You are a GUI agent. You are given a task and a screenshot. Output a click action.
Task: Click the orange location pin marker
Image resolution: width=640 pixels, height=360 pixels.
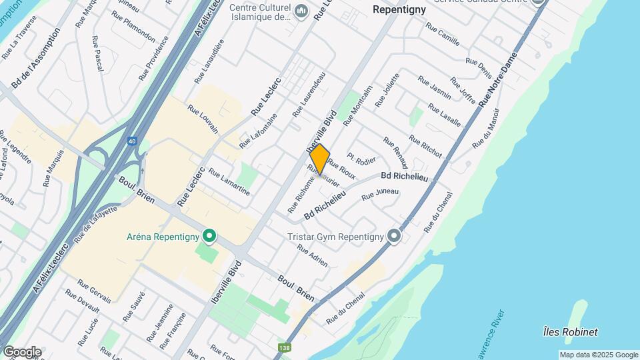[x=320, y=159]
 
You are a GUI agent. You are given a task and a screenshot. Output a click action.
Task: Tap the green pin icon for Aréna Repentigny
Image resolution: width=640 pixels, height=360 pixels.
[x=209, y=236]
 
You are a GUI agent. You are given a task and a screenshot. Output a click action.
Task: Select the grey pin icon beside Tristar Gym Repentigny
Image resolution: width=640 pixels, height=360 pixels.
[x=395, y=236]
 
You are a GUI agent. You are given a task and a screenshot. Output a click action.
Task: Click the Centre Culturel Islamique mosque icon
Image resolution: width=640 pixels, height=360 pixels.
[x=301, y=11]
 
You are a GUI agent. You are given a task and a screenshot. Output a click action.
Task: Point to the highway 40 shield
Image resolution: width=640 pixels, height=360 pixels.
[x=132, y=141]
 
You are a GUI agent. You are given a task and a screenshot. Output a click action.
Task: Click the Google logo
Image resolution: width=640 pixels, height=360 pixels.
[x=22, y=351]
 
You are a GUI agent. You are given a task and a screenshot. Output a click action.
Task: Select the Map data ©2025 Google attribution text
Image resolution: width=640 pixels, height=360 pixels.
[x=599, y=355]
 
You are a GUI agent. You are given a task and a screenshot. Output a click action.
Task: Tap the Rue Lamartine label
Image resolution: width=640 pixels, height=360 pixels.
[x=229, y=182]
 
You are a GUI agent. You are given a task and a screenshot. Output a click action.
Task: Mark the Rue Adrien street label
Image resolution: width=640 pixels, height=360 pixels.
[x=312, y=255]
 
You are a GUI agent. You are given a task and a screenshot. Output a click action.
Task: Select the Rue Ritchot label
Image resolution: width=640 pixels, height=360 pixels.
[x=425, y=147]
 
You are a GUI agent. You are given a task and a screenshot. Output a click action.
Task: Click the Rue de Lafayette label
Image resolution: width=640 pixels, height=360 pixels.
[x=96, y=223]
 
